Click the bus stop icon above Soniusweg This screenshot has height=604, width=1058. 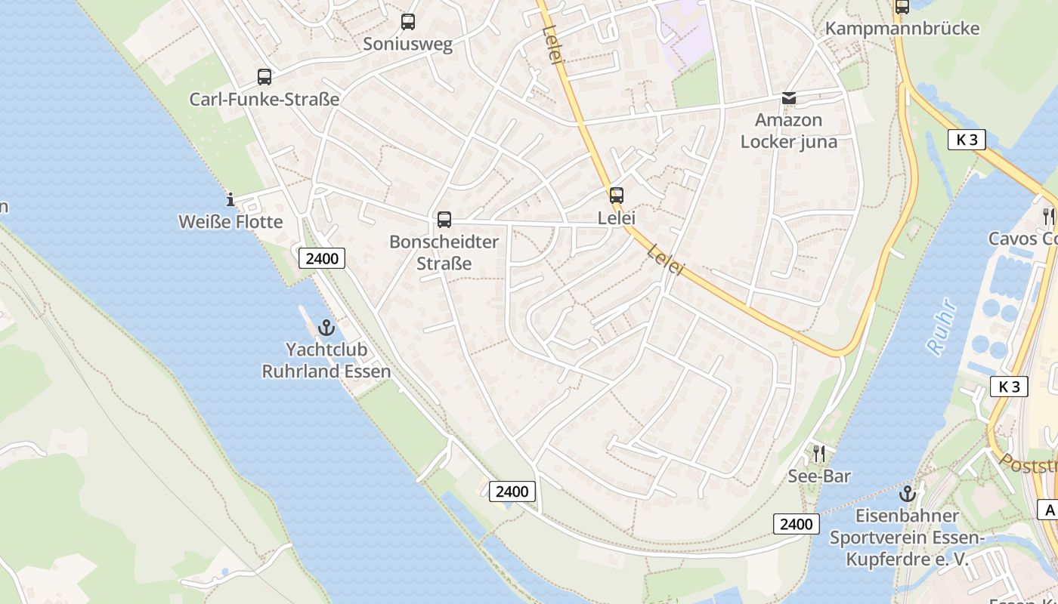click(x=408, y=22)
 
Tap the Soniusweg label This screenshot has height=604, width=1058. click(x=408, y=44)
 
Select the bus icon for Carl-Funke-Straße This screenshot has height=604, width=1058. click(x=264, y=76)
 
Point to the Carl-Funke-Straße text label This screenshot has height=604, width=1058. click(x=264, y=99)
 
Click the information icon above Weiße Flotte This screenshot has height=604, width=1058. click(x=230, y=200)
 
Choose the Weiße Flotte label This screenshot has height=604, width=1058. click(x=230, y=222)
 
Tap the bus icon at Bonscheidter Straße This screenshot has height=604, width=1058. click(x=444, y=220)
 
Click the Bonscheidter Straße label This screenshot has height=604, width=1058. click(x=444, y=252)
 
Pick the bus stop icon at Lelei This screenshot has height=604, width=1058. click(x=617, y=196)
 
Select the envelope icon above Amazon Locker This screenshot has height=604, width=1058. click(x=789, y=98)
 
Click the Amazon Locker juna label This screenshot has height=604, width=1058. click(x=789, y=131)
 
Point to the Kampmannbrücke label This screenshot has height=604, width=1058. click(x=902, y=29)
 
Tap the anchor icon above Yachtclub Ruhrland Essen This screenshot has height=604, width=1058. click(x=326, y=328)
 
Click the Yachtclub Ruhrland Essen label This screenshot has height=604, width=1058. click(x=326, y=360)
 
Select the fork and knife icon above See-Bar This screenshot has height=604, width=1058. click(x=818, y=454)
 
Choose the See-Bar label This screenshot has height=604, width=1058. click(x=819, y=476)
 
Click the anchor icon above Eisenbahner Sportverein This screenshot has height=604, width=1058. click(x=907, y=494)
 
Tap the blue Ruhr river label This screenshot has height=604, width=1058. click(x=942, y=327)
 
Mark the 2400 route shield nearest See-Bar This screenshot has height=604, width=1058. click(x=797, y=524)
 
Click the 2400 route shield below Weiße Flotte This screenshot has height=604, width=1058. click(x=323, y=258)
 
